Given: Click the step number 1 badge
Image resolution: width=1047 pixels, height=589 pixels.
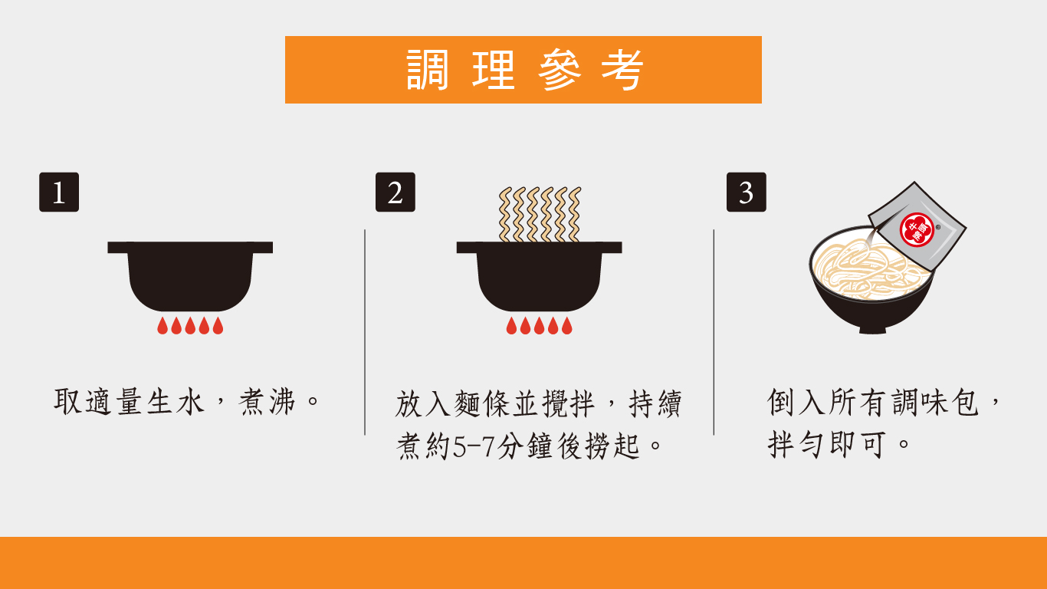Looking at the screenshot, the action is tap(59, 192).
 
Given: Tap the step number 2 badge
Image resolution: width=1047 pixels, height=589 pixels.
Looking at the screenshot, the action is tap(395, 192).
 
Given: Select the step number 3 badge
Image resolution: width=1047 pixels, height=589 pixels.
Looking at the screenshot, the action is tap(747, 192).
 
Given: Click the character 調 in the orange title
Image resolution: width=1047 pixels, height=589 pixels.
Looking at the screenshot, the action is tap(427, 70).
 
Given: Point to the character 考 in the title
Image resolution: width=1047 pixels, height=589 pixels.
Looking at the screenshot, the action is tap(622, 70).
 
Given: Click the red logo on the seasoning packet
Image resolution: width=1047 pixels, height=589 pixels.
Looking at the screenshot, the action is tap(917, 230).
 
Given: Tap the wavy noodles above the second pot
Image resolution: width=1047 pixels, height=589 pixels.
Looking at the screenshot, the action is tap(540, 214).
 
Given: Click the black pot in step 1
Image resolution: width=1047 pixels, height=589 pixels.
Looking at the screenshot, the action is tap(190, 276).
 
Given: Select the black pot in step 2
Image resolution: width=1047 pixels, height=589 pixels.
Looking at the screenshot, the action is tap(540, 276).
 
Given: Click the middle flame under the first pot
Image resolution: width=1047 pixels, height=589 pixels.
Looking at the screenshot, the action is tap(190, 326).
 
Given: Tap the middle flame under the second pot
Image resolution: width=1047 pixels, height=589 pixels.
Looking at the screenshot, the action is tap(540, 326).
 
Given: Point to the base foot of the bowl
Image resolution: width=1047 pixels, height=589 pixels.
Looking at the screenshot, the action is tap(873, 330).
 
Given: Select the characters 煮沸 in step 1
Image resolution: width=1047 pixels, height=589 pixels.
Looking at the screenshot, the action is tap(267, 402).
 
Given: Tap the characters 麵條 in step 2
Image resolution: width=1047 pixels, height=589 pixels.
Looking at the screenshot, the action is tap(481, 403).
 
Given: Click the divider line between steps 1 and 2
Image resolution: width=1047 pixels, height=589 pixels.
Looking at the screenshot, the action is tap(365, 332).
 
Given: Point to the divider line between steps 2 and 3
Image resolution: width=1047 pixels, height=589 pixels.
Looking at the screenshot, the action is tap(714, 332).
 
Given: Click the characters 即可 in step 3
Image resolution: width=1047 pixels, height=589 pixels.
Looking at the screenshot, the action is tap(858, 445).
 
